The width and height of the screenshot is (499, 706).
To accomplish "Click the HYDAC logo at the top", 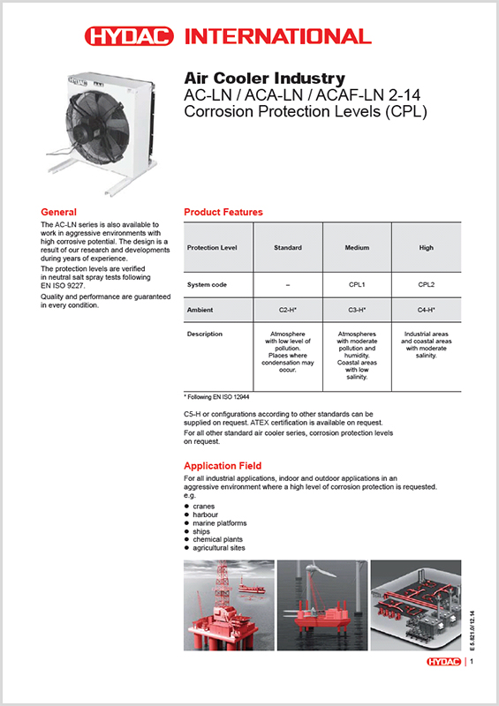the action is (129, 36).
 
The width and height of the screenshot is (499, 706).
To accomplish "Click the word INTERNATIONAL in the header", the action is (278, 36).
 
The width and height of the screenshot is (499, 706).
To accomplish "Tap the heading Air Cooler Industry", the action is (265, 79).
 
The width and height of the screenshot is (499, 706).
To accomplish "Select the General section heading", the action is (58, 212).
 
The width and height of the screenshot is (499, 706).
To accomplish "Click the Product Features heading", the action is (223, 212).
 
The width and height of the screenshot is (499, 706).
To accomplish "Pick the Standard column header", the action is (288, 248).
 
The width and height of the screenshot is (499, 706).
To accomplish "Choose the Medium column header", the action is (357, 248).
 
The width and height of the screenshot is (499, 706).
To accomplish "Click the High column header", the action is (426, 248).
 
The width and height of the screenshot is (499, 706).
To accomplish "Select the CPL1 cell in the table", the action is (357, 284).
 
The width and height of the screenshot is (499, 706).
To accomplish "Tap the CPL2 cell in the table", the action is (426, 284).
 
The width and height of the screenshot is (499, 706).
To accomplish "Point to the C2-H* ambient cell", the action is (288, 310).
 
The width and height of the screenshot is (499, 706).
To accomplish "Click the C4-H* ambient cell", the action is (426, 310).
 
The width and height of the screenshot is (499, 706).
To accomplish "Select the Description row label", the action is (205, 334).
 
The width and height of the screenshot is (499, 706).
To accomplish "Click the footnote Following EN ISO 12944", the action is (216, 397).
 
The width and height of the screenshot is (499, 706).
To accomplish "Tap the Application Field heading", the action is (223, 466).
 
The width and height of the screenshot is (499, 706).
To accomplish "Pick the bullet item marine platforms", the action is (220, 523).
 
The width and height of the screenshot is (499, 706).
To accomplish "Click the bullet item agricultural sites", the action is (219, 548).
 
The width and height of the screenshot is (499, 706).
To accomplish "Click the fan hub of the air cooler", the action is (83, 131).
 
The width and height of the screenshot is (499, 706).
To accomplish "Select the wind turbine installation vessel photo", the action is (322, 605).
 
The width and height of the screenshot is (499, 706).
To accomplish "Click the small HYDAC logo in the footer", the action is (443, 661).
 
